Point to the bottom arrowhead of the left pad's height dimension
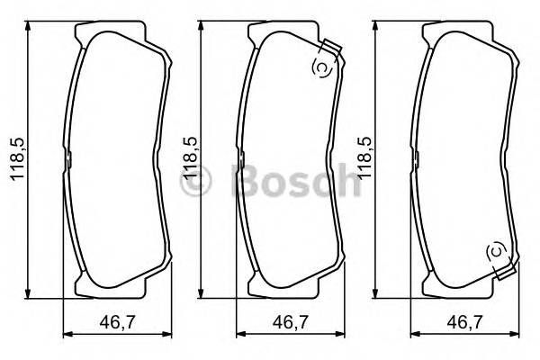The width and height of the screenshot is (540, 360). point(31,292)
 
